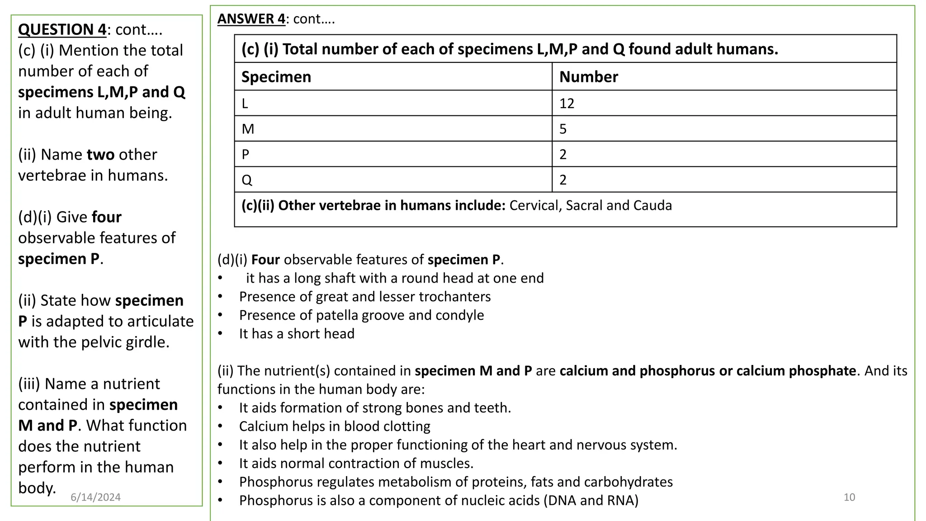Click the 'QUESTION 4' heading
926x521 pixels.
tap(62, 29)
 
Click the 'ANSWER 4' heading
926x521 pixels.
tap(251, 19)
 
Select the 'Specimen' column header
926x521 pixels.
tap(276, 77)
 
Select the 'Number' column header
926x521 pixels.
tap(588, 77)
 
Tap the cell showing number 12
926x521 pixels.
tap(567, 104)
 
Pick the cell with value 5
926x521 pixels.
tap(563, 129)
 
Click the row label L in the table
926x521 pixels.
tap(245, 104)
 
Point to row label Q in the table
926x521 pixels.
tap(246, 180)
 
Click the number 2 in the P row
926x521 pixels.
tap(563, 155)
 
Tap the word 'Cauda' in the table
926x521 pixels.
tap(652, 205)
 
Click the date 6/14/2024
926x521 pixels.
tap(95, 497)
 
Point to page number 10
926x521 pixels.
tap(849, 497)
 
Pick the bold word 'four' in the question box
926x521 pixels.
tap(106, 217)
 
